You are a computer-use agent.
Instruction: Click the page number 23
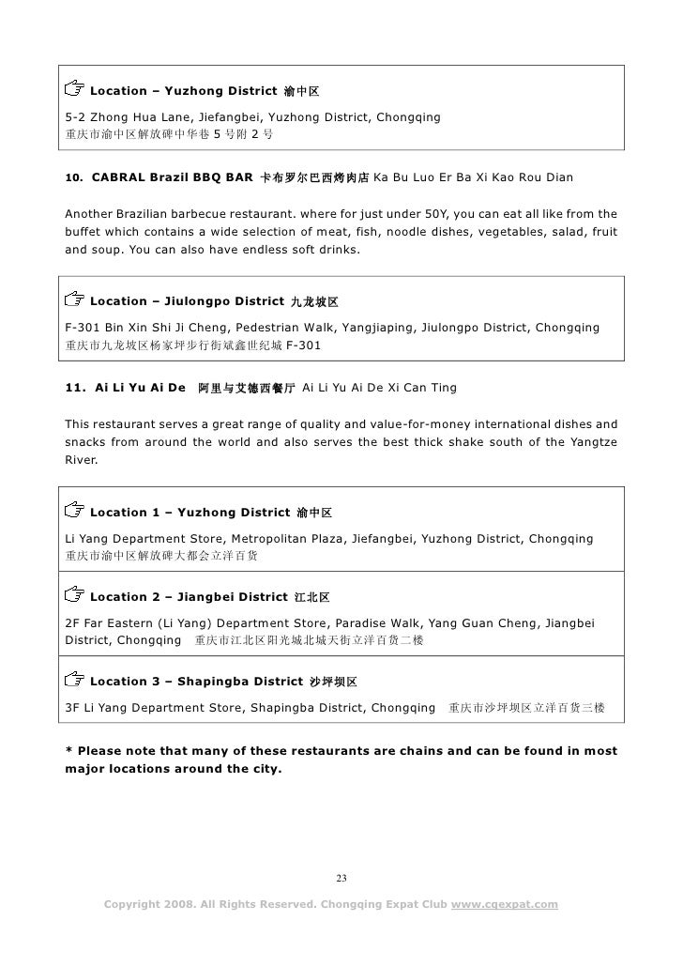click(x=341, y=879)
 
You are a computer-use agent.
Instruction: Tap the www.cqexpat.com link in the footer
click(x=505, y=905)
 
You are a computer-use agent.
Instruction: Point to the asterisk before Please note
click(x=68, y=751)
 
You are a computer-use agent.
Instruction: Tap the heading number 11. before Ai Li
click(x=75, y=388)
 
